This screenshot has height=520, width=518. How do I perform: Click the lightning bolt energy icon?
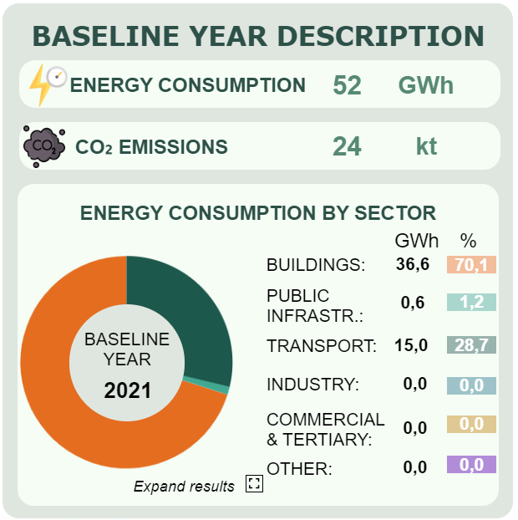point(43,85)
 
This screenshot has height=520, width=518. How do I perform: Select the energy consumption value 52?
point(347,85)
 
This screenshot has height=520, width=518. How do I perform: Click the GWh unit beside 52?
point(425,85)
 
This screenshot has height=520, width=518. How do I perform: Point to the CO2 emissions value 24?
point(347,147)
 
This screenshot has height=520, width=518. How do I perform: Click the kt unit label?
point(426,147)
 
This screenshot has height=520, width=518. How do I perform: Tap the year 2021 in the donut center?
point(127,390)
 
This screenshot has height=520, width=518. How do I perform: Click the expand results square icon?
point(255,483)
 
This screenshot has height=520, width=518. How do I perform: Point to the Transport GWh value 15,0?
point(413,344)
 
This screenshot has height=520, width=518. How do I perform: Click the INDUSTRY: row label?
point(312,385)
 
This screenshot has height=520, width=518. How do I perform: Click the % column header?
point(468,241)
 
